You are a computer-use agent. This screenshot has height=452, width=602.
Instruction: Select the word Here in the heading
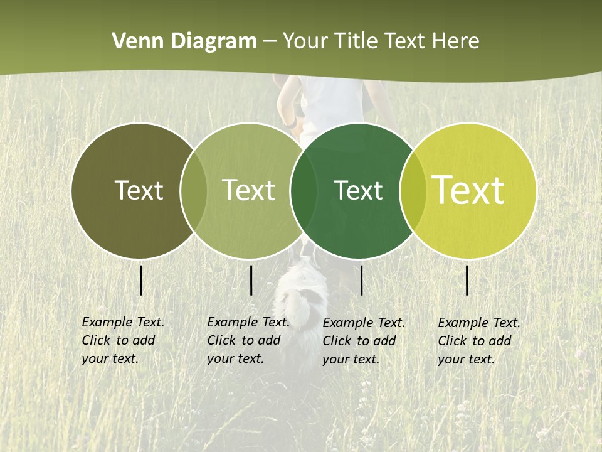click(x=456, y=41)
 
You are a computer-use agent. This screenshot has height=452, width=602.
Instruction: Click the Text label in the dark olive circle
click(x=139, y=190)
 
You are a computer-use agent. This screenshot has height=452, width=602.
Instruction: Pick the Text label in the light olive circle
click(x=248, y=190)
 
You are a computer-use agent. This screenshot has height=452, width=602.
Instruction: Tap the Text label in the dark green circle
click(x=358, y=190)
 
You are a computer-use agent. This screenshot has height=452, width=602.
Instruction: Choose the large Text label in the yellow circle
click(x=468, y=190)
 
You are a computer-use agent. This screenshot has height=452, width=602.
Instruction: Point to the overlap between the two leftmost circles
click(x=193, y=191)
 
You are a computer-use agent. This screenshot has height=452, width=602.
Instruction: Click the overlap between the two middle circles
click(x=303, y=191)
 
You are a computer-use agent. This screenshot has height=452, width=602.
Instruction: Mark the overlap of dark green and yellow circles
click(x=413, y=191)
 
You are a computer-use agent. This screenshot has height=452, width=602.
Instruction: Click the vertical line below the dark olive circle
click(x=141, y=280)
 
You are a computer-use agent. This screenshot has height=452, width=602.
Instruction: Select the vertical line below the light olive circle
click(x=251, y=280)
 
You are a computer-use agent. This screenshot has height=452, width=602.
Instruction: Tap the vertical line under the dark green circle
click(x=362, y=280)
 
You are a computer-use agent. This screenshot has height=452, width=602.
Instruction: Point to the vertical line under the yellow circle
click(x=467, y=280)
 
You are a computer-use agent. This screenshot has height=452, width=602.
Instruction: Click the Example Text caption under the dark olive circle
click(x=122, y=340)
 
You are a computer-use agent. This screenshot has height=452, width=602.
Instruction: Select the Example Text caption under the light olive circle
click(x=248, y=340)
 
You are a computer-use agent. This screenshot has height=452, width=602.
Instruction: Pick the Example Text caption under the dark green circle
click(x=363, y=341)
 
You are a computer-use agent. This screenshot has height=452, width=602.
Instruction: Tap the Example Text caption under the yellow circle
click(x=478, y=341)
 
